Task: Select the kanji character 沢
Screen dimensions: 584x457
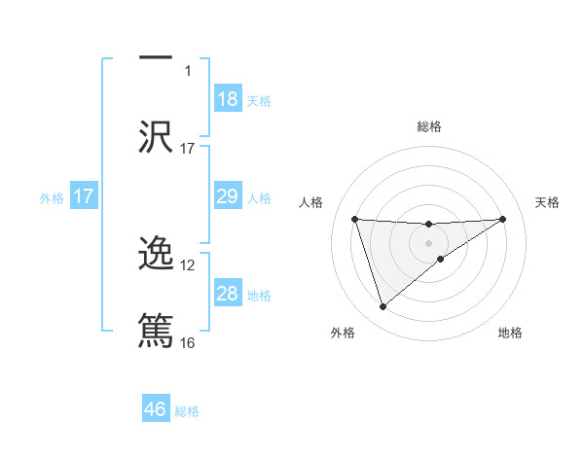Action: (x=156, y=135)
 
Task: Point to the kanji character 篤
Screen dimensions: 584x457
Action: (x=156, y=329)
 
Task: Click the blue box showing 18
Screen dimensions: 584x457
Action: (x=228, y=99)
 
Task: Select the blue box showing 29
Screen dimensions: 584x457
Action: (x=228, y=196)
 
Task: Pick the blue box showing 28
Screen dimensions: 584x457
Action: (x=228, y=294)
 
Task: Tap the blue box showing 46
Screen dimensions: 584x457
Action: (x=156, y=408)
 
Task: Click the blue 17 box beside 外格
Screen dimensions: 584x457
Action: (x=84, y=196)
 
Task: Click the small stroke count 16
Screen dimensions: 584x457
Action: (x=188, y=342)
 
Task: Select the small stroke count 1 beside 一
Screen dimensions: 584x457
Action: (x=188, y=71)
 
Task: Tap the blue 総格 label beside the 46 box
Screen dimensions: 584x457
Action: (x=187, y=411)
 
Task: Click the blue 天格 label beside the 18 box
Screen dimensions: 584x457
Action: (x=259, y=101)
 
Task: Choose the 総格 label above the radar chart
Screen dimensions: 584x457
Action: (x=428, y=126)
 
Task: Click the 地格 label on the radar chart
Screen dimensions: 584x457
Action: (x=510, y=333)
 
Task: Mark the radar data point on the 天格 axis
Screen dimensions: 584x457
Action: (x=502, y=219)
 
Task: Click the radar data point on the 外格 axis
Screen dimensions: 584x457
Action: (x=383, y=307)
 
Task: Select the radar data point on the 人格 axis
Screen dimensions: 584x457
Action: (x=355, y=219)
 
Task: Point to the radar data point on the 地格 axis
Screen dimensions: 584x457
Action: (x=441, y=259)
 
